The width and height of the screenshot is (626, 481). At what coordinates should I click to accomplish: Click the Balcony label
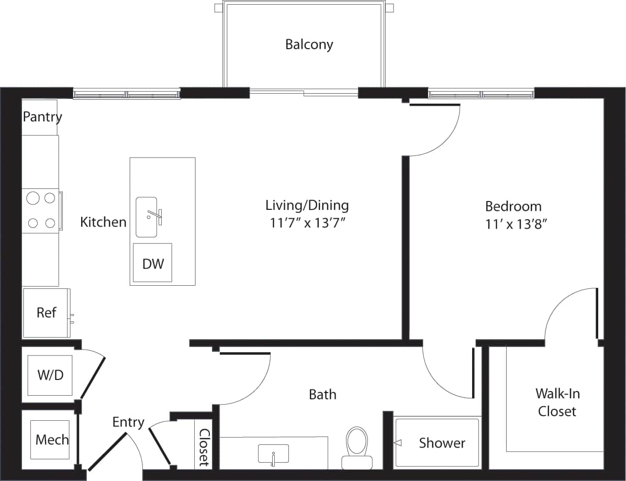click(x=309, y=44)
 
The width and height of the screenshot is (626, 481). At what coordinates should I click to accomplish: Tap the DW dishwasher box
click(x=153, y=263)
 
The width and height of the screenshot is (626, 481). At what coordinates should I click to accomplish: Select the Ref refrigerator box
click(x=46, y=312)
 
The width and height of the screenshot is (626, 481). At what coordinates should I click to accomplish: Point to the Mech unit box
click(x=51, y=439)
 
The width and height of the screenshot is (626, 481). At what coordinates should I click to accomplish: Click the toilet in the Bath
click(x=357, y=444)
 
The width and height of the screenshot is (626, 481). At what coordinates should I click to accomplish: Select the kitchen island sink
click(x=147, y=217)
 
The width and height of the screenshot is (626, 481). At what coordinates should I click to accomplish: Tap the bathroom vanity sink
click(x=273, y=454)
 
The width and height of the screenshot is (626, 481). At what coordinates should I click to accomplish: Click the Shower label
click(x=442, y=443)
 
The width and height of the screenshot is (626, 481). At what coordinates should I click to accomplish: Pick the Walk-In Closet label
click(x=557, y=402)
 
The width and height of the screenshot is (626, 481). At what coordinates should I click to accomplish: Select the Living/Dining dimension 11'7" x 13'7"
click(x=307, y=223)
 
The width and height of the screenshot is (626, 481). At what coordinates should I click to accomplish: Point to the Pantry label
click(x=42, y=117)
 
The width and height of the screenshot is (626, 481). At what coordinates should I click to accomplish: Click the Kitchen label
click(x=103, y=222)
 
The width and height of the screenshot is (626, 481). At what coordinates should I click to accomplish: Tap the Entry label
click(x=128, y=422)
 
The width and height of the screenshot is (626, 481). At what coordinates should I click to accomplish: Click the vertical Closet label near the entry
click(x=204, y=448)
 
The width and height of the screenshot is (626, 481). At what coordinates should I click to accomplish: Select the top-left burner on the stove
click(x=33, y=198)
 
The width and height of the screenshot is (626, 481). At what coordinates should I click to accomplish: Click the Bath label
click(x=322, y=394)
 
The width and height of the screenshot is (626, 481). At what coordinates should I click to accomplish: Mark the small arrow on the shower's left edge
click(x=397, y=443)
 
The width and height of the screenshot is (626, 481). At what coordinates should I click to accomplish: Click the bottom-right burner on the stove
click(x=50, y=223)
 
